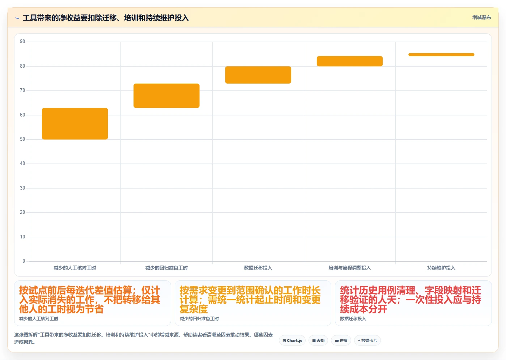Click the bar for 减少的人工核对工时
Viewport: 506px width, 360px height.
click(x=75, y=124)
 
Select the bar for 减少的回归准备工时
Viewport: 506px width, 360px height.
click(x=166, y=96)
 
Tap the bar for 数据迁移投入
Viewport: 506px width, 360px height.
click(x=258, y=75)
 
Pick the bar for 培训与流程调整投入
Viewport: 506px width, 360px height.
click(x=350, y=61)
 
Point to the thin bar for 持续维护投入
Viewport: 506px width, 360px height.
click(x=441, y=55)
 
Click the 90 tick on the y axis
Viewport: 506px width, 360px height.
click(x=22, y=41)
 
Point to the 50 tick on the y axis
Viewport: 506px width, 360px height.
click(x=22, y=139)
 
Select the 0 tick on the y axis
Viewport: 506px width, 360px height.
click(x=24, y=261)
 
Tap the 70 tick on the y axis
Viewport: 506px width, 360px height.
click(x=22, y=90)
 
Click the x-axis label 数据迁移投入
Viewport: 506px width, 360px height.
click(x=258, y=268)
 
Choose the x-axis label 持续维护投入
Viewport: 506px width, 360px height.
click(x=441, y=268)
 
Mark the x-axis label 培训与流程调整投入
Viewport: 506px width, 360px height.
click(x=350, y=268)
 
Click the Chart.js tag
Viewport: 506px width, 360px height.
click(x=292, y=340)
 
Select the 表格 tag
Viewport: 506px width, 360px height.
click(x=318, y=340)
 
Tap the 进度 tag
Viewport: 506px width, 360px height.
click(x=341, y=340)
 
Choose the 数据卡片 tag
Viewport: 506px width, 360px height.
click(x=367, y=340)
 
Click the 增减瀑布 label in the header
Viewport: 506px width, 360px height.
click(x=482, y=17)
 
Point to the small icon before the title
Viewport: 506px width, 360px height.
click(x=17, y=18)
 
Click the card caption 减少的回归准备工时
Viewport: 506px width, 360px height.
click(x=199, y=319)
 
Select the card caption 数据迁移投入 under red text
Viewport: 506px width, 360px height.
click(x=353, y=319)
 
